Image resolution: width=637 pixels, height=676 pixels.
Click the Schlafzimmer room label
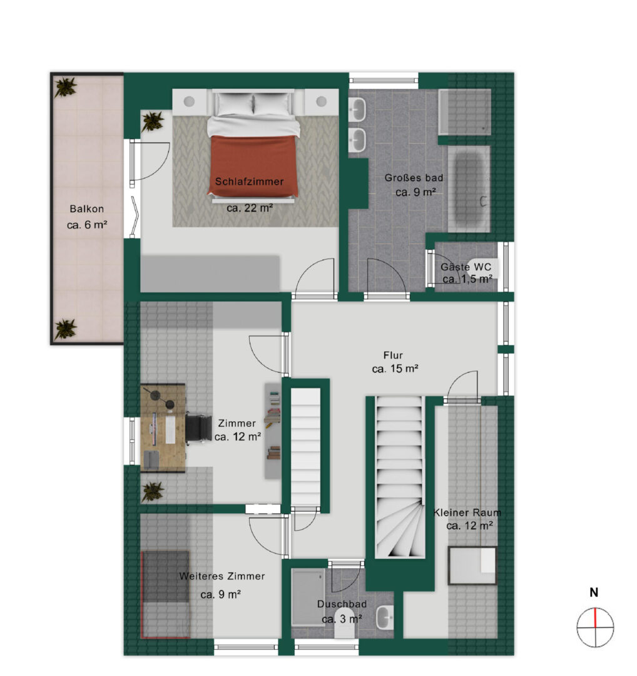click(x=249, y=182)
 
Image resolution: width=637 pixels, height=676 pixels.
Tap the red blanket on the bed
click(x=254, y=165)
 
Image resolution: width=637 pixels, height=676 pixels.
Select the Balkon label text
click(x=86, y=209)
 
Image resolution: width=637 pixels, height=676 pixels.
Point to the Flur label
click(x=393, y=356)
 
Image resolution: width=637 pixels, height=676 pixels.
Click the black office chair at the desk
click(x=198, y=428)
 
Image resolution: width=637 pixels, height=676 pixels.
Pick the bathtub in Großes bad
click(x=469, y=189)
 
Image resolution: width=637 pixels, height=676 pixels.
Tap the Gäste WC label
click(x=466, y=267)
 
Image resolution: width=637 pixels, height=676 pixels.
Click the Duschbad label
click(x=342, y=604)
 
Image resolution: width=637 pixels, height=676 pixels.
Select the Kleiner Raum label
click(x=467, y=513)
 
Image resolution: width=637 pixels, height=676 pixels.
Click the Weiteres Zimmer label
click(x=222, y=576)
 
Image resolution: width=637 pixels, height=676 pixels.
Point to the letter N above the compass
click(x=594, y=592)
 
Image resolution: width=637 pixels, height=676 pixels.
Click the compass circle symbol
click(x=595, y=628)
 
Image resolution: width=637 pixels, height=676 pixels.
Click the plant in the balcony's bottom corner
click(x=66, y=329)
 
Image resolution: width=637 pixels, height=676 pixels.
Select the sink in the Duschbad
click(x=385, y=617)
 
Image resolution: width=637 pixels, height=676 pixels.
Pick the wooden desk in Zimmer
click(x=163, y=428)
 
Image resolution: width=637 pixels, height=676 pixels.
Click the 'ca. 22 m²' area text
click(x=250, y=208)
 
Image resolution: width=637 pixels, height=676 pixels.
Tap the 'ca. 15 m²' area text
click(x=395, y=369)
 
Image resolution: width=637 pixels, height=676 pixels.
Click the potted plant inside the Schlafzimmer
click(x=152, y=121)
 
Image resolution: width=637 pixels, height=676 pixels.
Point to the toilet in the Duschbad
click(x=344, y=630)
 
